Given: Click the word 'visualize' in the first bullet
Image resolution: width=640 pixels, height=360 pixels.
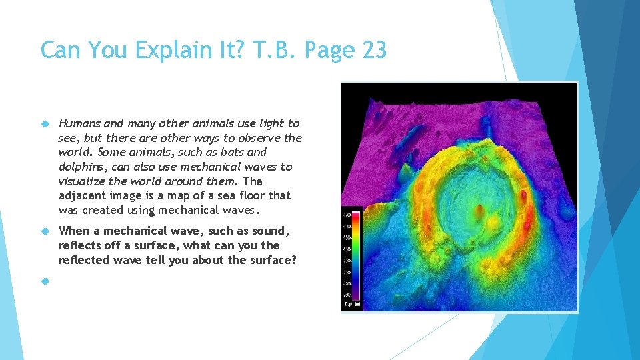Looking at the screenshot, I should click(81, 181).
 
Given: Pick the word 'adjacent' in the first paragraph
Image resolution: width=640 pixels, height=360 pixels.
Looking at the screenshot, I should click(81, 195).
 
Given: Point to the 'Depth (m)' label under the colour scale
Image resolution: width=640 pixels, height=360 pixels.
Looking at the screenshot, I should click(353, 304).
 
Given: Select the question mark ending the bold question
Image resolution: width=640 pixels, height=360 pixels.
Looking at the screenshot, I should click(293, 260).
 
